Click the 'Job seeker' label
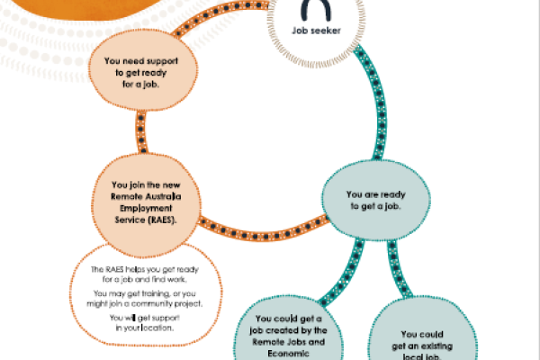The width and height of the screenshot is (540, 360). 316,31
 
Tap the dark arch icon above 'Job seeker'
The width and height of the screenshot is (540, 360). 316,10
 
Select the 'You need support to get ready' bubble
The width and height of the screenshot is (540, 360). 143,70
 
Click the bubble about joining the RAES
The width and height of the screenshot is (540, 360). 146,205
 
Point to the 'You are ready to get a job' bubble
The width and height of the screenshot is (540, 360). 376,200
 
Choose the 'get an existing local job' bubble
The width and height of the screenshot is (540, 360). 422,329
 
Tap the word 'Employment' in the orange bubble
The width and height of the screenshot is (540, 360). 146,209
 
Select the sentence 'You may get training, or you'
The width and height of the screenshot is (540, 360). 145,293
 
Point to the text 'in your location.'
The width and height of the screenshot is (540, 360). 145,328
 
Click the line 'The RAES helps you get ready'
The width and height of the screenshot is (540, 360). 145,269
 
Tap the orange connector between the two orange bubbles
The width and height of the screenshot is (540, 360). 141,131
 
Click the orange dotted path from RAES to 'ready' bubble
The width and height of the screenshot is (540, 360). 264,231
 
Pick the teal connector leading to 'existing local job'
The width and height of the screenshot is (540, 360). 398,269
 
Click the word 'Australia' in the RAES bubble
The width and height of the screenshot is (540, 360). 164,197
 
